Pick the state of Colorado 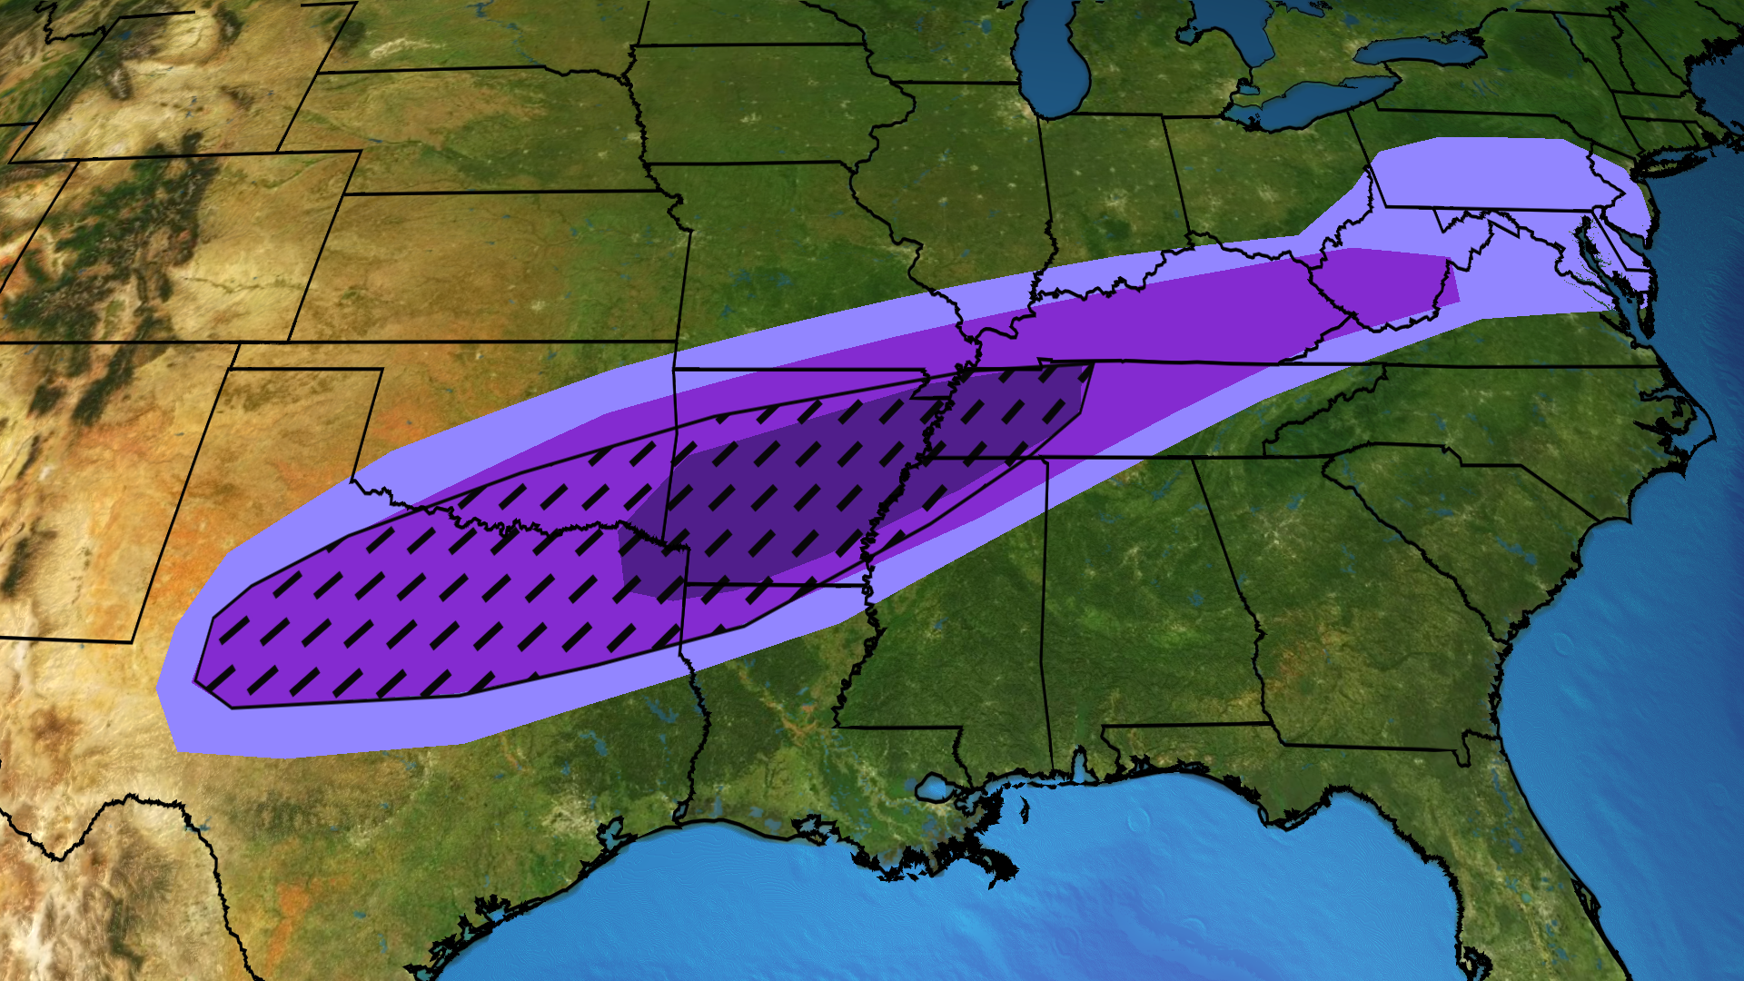point(182,245)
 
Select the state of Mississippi point(954,618)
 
